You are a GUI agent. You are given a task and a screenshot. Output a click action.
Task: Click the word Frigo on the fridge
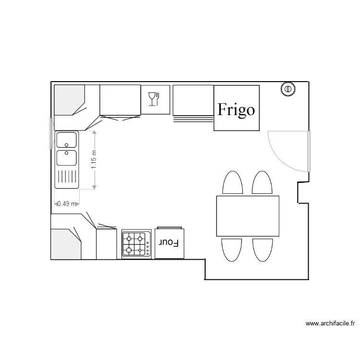coord(236,110)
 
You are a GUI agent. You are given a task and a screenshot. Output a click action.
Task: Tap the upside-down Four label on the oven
coord(169,243)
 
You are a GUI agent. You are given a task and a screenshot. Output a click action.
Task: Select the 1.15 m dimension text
coord(94,159)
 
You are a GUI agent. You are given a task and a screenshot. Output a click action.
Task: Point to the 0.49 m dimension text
coord(67,204)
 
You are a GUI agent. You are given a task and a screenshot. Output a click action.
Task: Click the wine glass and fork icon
coord(154,99)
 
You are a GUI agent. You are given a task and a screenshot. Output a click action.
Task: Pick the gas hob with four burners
coord(136,244)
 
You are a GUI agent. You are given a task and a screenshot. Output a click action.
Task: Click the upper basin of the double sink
coord(66,140)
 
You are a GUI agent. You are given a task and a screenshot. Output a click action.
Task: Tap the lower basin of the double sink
coord(66,158)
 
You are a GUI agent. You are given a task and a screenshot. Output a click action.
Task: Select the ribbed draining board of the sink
coord(67,177)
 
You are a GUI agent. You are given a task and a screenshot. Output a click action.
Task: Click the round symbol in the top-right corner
coord(288,89)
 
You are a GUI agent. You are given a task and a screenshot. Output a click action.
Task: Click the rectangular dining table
coord(248,216)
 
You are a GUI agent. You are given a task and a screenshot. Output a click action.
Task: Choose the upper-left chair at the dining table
coord(233,182)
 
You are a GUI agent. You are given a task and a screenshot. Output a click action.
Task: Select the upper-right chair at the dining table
coord(262,182)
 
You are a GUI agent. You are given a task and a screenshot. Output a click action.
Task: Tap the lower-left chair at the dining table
coord(232,250)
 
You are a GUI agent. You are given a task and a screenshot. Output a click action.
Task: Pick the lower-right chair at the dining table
coord(263,250)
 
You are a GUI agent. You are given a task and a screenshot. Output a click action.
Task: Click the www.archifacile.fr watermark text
coord(330,324)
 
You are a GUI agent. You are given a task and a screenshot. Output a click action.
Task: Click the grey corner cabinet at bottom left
coord(65,244)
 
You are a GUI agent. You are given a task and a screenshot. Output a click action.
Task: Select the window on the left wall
coord(51,133)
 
